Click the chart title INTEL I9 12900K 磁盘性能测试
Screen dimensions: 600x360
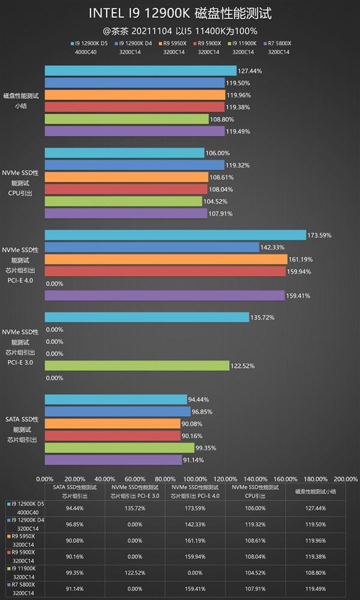pos(180,13)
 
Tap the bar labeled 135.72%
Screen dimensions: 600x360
pos(146,317)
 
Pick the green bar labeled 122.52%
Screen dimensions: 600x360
pos(137,365)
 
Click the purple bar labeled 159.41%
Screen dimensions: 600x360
pos(164,295)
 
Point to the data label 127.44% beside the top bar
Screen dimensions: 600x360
pos(250,71)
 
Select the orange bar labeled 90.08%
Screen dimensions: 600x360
pos(112,424)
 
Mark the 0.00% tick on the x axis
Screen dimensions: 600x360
pos(45,478)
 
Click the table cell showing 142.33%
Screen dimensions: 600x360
pos(195,524)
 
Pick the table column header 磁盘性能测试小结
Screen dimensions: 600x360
pos(315,492)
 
